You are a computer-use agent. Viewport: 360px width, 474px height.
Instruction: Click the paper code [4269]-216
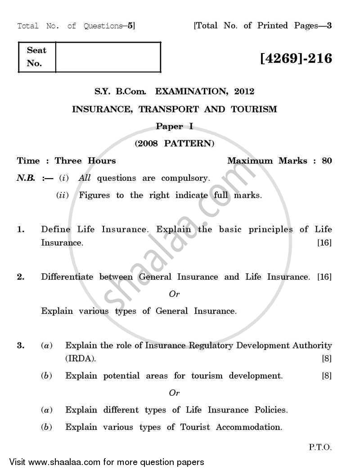tap(296, 58)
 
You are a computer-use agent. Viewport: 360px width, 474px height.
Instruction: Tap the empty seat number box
tap(108, 57)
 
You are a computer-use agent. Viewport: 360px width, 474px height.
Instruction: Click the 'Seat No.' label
tap(36, 57)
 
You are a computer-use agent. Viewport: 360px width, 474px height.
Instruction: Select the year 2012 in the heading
tap(243, 92)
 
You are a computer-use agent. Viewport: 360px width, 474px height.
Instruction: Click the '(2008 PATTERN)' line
tap(174, 144)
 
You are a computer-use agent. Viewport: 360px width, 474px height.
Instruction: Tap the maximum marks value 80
tap(327, 161)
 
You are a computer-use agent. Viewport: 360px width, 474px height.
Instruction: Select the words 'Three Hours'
tap(85, 161)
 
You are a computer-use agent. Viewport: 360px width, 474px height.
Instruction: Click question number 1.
tap(21, 229)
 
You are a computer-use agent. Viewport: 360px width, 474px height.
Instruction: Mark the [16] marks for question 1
tap(324, 243)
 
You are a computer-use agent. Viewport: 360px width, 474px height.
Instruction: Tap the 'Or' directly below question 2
tap(174, 294)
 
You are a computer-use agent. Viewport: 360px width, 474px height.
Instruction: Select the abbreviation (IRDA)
tap(81, 359)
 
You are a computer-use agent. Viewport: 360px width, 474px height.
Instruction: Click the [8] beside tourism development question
tap(326, 376)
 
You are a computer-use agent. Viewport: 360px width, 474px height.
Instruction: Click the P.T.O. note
tap(320, 447)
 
